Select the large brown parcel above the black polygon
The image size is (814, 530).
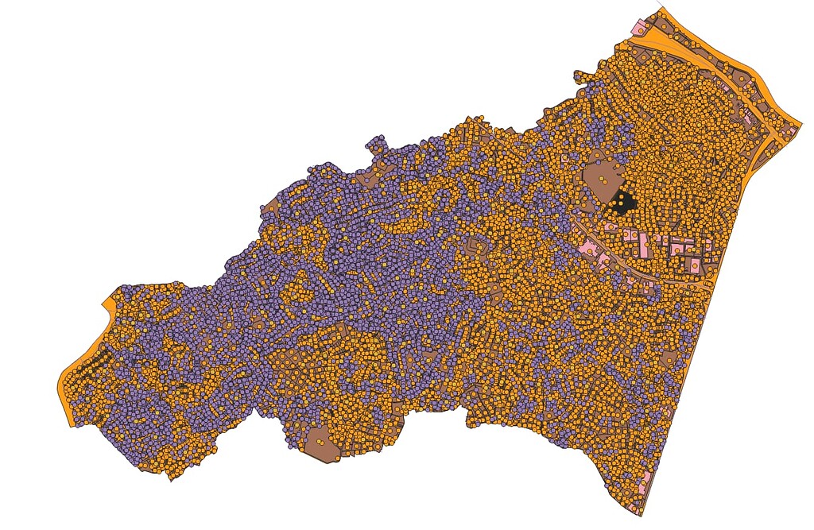[x=603, y=174]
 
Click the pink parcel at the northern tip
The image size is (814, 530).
[x=638, y=29]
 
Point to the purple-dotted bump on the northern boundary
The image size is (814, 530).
[x=374, y=145]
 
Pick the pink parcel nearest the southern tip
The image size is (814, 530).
[x=645, y=481]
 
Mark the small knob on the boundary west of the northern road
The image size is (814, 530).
[x=577, y=76]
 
